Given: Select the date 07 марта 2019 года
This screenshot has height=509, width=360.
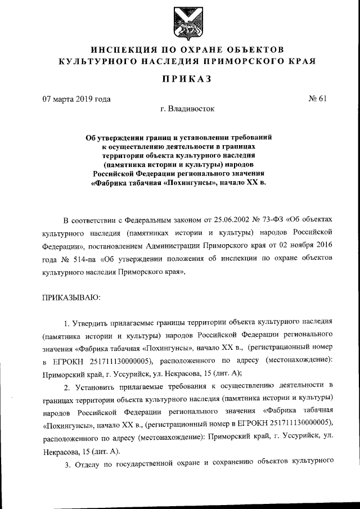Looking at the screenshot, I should pos(77,100).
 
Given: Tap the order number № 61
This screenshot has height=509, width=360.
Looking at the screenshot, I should pos(318,100).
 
